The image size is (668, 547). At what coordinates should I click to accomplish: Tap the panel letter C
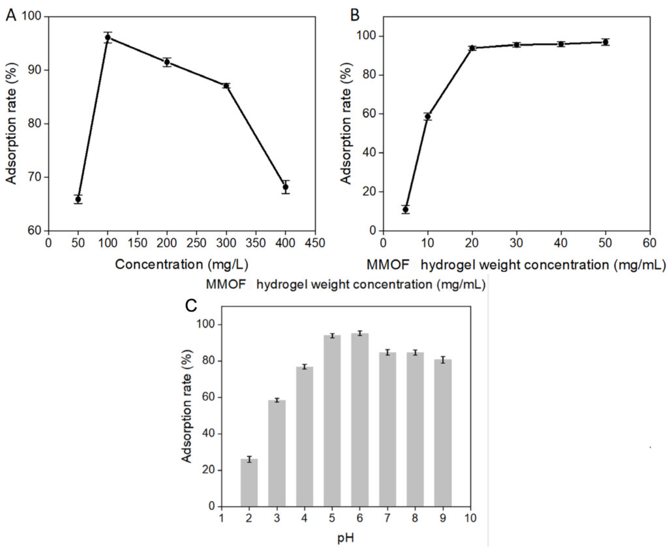tap(189, 306)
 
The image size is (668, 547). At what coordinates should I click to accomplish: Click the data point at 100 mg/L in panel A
tap(108, 37)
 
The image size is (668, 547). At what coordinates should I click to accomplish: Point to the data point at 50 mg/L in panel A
tap(78, 199)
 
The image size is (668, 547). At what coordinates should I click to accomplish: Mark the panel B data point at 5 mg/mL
tap(405, 209)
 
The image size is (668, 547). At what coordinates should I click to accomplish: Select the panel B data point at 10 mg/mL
tap(427, 117)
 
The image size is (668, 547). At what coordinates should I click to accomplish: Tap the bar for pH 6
tap(359, 420)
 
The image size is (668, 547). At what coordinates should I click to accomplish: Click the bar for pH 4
tap(305, 436)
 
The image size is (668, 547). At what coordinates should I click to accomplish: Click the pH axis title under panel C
tap(346, 538)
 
